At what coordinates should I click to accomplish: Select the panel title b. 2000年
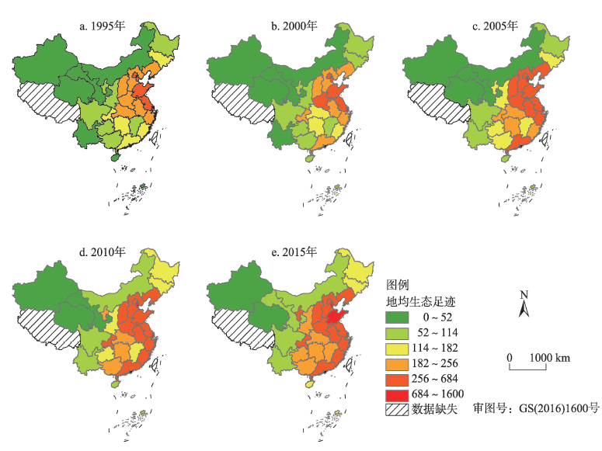pyautogui.click(x=294, y=26)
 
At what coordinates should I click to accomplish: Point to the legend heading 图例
pyautogui.click(x=398, y=285)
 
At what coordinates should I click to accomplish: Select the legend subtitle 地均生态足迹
pyautogui.click(x=418, y=300)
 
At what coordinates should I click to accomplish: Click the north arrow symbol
pyautogui.click(x=524, y=304)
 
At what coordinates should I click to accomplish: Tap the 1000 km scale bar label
pyautogui.click(x=549, y=357)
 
